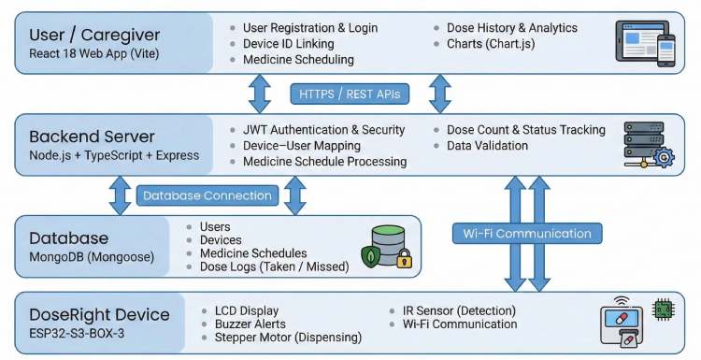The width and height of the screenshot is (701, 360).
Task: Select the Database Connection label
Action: [207, 195]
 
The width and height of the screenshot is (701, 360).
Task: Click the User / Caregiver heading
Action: [94, 35]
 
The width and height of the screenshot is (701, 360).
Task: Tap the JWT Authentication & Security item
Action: [323, 130]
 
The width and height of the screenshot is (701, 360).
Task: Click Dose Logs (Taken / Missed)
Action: [274, 267]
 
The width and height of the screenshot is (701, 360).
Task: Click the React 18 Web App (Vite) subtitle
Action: [90, 54]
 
